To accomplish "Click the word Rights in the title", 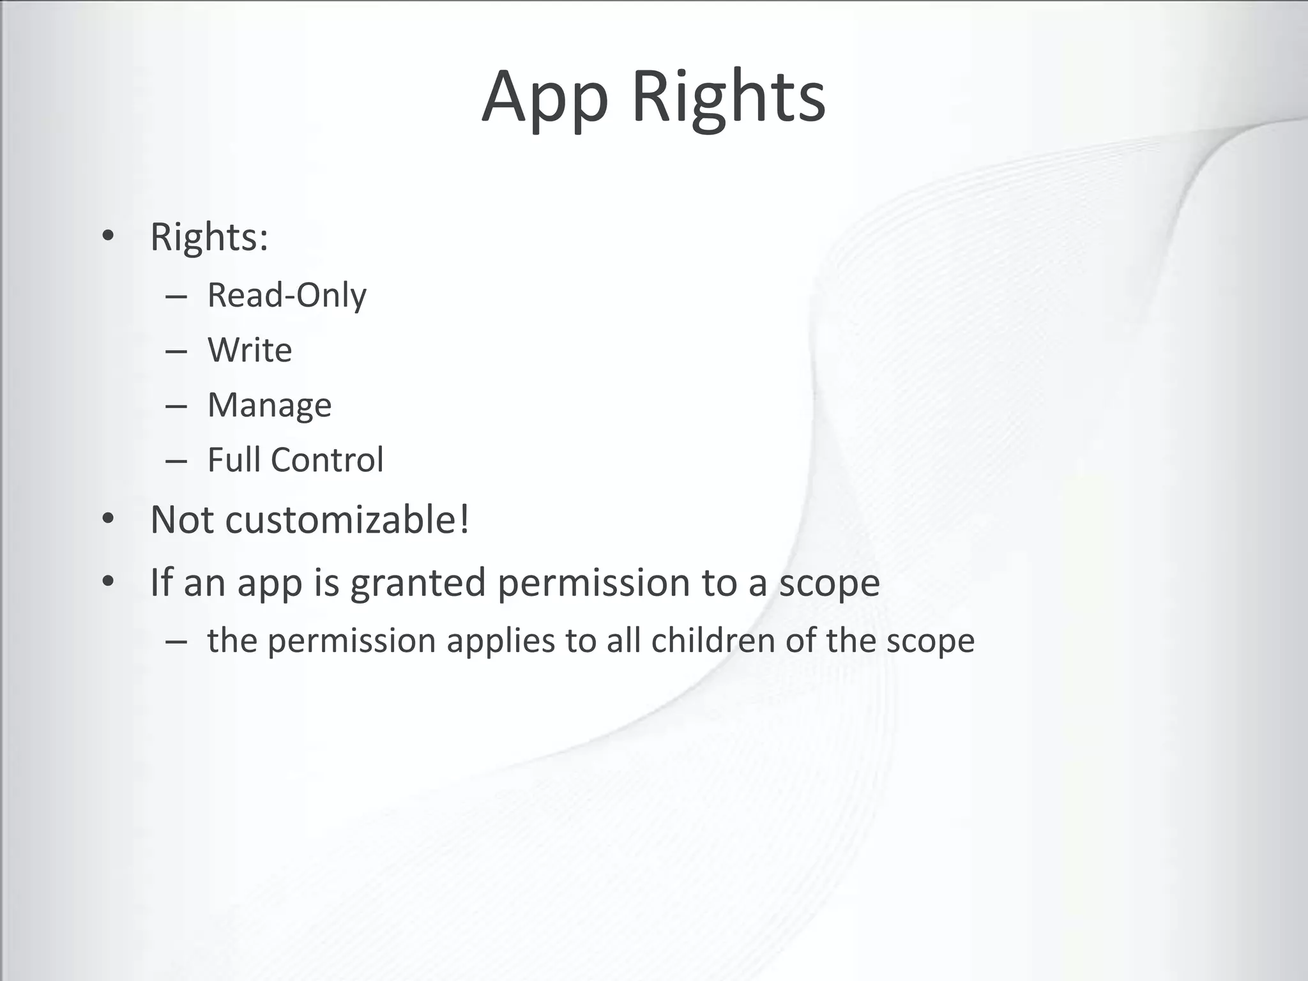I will click(x=729, y=97).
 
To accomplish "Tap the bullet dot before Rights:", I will click(x=108, y=236).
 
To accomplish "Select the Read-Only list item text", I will click(x=287, y=296).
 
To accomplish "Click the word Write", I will click(x=250, y=350).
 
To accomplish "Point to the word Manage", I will click(x=270, y=406).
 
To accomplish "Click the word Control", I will click(x=327, y=459).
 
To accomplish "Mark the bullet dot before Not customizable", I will click(x=108, y=519).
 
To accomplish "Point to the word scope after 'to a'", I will click(x=829, y=583).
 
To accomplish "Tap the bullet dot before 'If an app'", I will click(x=108, y=582).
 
